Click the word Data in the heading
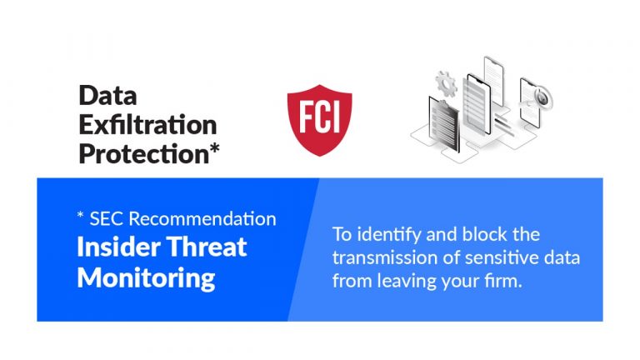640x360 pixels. point(107,96)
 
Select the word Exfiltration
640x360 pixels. point(147,124)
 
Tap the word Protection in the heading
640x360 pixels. point(144,154)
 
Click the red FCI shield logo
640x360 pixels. point(320,120)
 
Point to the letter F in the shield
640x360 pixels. point(306,117)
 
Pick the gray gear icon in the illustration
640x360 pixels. point(446,83)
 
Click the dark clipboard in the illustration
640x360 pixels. point(443,123)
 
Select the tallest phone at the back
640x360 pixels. point(494,82)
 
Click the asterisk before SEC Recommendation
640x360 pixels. point(80,215)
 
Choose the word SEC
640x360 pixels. point(107,219)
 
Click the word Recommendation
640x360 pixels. point(202,219)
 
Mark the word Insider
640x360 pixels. point(118,247)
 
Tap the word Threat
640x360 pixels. point(207,247)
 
